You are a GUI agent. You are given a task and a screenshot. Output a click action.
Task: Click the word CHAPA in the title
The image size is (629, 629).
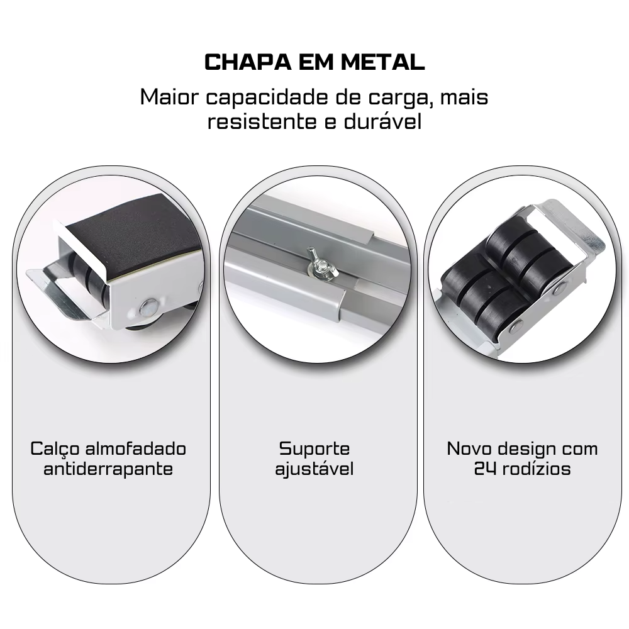pos(248,62)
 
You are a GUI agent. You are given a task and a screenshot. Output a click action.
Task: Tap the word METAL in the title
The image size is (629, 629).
pos(382,62)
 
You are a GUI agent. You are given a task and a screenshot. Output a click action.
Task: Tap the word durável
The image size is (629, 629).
pos(382,121)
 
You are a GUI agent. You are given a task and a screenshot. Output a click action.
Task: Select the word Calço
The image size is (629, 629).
pos(55,449)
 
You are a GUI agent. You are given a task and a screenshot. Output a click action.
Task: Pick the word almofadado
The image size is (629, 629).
pos(136,448)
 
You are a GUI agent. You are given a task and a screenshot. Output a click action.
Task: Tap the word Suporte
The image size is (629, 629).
pos(314,449)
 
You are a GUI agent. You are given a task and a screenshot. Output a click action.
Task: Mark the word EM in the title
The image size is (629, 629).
pos(316,62)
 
